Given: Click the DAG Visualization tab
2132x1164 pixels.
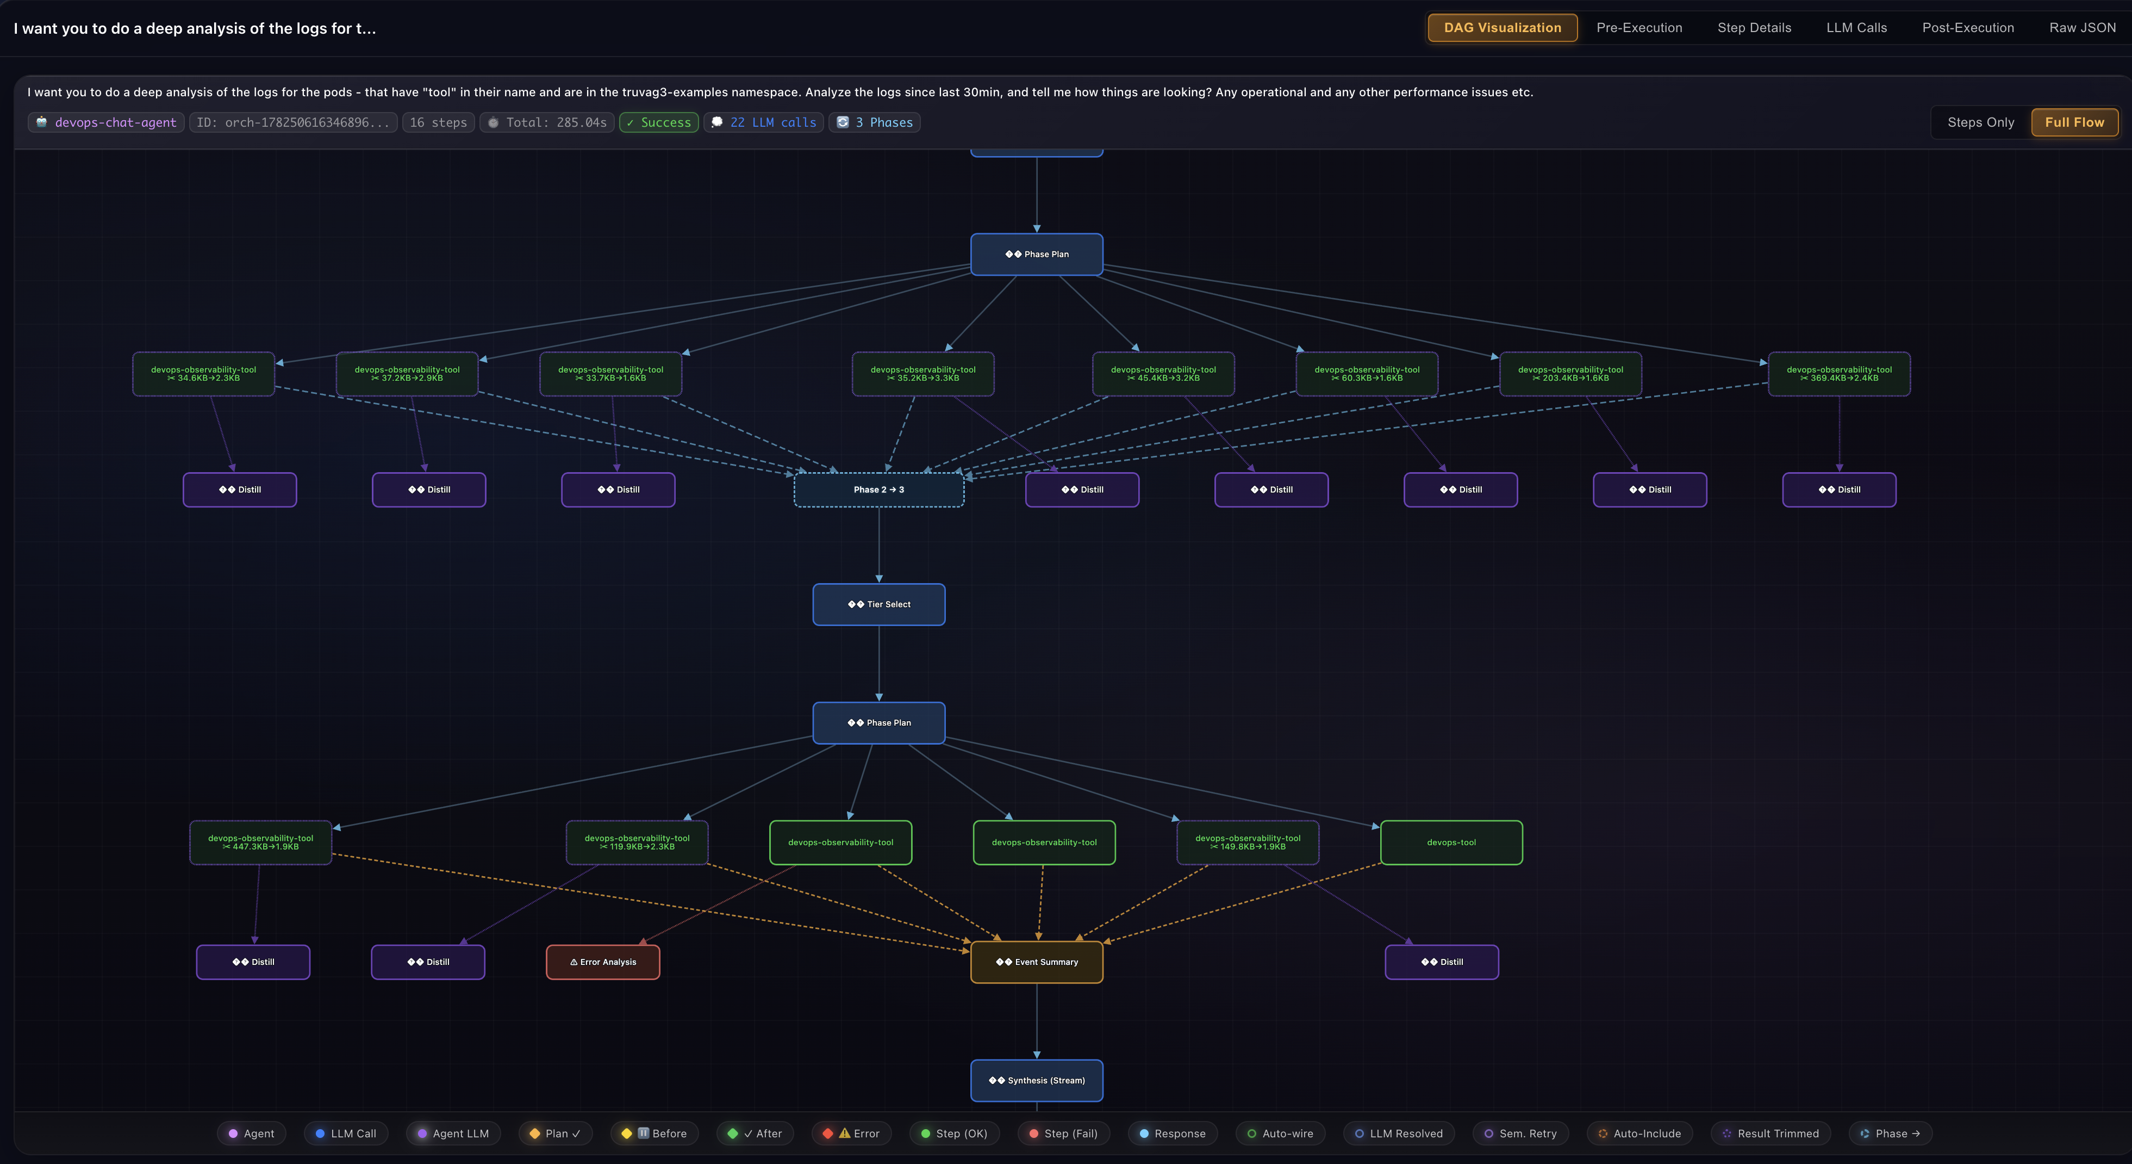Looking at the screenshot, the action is click(x=1502, y=27).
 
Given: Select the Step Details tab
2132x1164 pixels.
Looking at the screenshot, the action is click(x=1754, y=27).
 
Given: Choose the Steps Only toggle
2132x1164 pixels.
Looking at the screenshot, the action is click(x=1980, y=122).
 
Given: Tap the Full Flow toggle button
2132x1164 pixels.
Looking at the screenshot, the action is click(x=2074, y=122).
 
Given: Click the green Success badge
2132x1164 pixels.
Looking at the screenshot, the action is click(x=659, y=122).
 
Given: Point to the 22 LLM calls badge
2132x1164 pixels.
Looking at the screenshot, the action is click(x=764, y=122).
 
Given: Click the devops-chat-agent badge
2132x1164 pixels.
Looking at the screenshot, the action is click(x=107, y=122).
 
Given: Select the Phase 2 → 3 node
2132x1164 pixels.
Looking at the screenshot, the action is click(x=879, y=490).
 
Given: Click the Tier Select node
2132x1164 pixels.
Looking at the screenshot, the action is click(x=879, y=604).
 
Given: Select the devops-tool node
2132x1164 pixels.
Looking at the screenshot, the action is click(x=1451, y=843).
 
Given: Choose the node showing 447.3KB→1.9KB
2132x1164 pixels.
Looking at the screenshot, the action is click(x=261, y=843).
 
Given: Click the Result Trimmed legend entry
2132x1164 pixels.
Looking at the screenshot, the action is click(x=1771, y=1134).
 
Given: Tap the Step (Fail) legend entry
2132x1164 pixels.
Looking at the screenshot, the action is click(x=1063, y=1134).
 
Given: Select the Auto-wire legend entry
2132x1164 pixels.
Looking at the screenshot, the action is click(x=1280, y=1134).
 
